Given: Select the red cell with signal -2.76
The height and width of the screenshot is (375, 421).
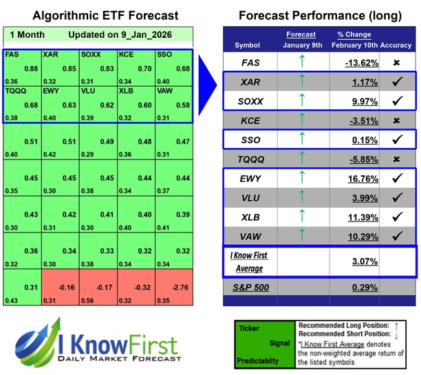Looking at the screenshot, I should (x=173, y=289).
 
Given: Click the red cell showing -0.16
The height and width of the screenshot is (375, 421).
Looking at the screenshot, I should (x=60, y=289).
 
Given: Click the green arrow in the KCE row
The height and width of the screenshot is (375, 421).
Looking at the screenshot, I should (x=302, y=121).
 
